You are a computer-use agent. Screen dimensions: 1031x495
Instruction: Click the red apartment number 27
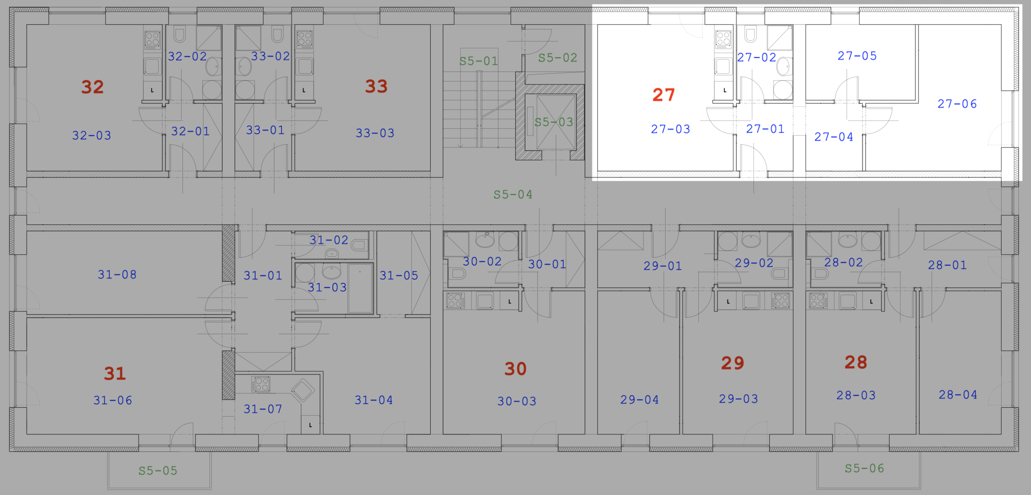[x=663, y=95]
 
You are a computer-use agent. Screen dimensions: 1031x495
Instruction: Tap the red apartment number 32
[x=93, y=87]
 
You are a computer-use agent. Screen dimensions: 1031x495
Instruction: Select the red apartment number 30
[x=515, y=369]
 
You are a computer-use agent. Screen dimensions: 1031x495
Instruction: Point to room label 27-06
[x=957, y=104]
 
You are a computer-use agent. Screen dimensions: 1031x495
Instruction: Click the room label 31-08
[x=117, y=274]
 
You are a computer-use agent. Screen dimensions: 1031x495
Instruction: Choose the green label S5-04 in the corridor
[x=513, y=195]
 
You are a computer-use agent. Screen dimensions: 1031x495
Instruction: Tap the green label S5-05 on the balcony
[x=158, y=470]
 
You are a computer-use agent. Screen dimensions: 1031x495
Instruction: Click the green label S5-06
[x=864, y=468]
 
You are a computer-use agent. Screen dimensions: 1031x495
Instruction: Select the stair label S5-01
[x=479, y=61]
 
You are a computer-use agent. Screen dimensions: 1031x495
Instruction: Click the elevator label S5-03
[x=554, y=122]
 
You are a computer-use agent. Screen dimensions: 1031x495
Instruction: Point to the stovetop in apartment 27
[x=723, y=40]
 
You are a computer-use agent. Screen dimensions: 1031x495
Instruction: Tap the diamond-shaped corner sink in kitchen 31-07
[x=303, y=389]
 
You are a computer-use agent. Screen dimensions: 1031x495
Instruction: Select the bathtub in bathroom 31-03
[x=360, y=288]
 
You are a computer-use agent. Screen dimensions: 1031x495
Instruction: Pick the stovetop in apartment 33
[x=304, y=40]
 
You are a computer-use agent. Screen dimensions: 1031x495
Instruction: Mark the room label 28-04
[x=958, y=395]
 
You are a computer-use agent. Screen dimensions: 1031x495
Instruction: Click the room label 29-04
[x=640, y=400]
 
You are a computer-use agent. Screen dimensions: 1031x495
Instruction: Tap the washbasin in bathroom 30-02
[x=485, y=240]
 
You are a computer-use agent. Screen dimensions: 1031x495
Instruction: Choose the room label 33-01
[x=265, y=130]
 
